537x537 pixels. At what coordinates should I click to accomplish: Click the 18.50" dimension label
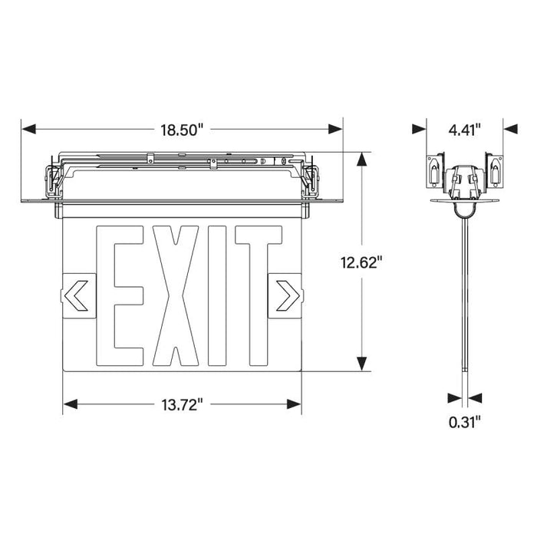181,130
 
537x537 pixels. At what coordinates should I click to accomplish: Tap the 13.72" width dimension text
182,405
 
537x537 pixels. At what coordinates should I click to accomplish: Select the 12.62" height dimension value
361,263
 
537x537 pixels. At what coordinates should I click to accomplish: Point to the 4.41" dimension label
465,130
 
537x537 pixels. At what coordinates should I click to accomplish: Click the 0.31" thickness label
465,421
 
